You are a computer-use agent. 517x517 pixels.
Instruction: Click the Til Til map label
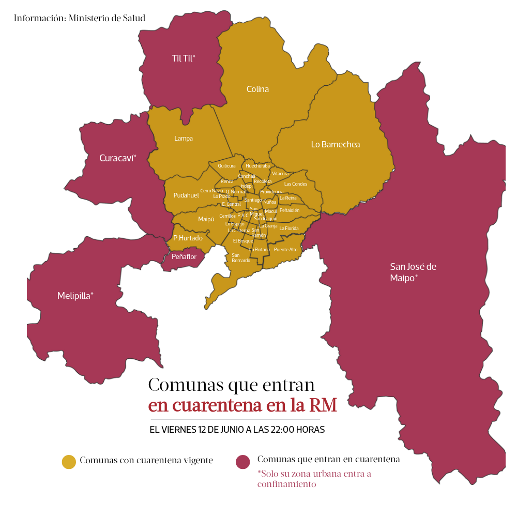(x=183, y=58)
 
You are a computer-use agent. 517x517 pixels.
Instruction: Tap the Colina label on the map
(x=257, y=89)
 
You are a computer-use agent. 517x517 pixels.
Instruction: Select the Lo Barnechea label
(x=335, y=144)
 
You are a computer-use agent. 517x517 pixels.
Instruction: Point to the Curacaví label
(x=118, y=158)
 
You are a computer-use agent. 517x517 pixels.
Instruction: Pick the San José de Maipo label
(x=413, y=272)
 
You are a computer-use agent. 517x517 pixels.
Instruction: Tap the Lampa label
(x=184, y=138)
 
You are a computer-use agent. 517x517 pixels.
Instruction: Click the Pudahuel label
(x=186, y=195)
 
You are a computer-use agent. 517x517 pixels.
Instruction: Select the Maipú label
(x=206, y=219)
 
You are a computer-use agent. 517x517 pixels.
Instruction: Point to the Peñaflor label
(x=184, y=256)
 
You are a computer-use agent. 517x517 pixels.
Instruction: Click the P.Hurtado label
(x=188, y=238)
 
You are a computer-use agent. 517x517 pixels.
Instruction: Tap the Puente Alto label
(x=286, y=250)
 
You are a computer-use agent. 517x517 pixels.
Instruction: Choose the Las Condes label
(x=296, y=184)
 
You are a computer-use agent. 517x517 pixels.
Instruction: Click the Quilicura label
(x=226, y=166)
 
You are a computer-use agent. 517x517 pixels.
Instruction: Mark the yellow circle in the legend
(x=69, y=462)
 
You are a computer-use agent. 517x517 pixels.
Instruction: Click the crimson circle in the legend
(x=242, y=462)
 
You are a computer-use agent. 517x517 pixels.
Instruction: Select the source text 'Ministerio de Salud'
(x=107, y=18)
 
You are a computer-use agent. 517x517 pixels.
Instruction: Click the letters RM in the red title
(x=323, y=405)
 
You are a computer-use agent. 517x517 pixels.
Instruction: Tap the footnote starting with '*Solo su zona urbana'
(x=314, y=479)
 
